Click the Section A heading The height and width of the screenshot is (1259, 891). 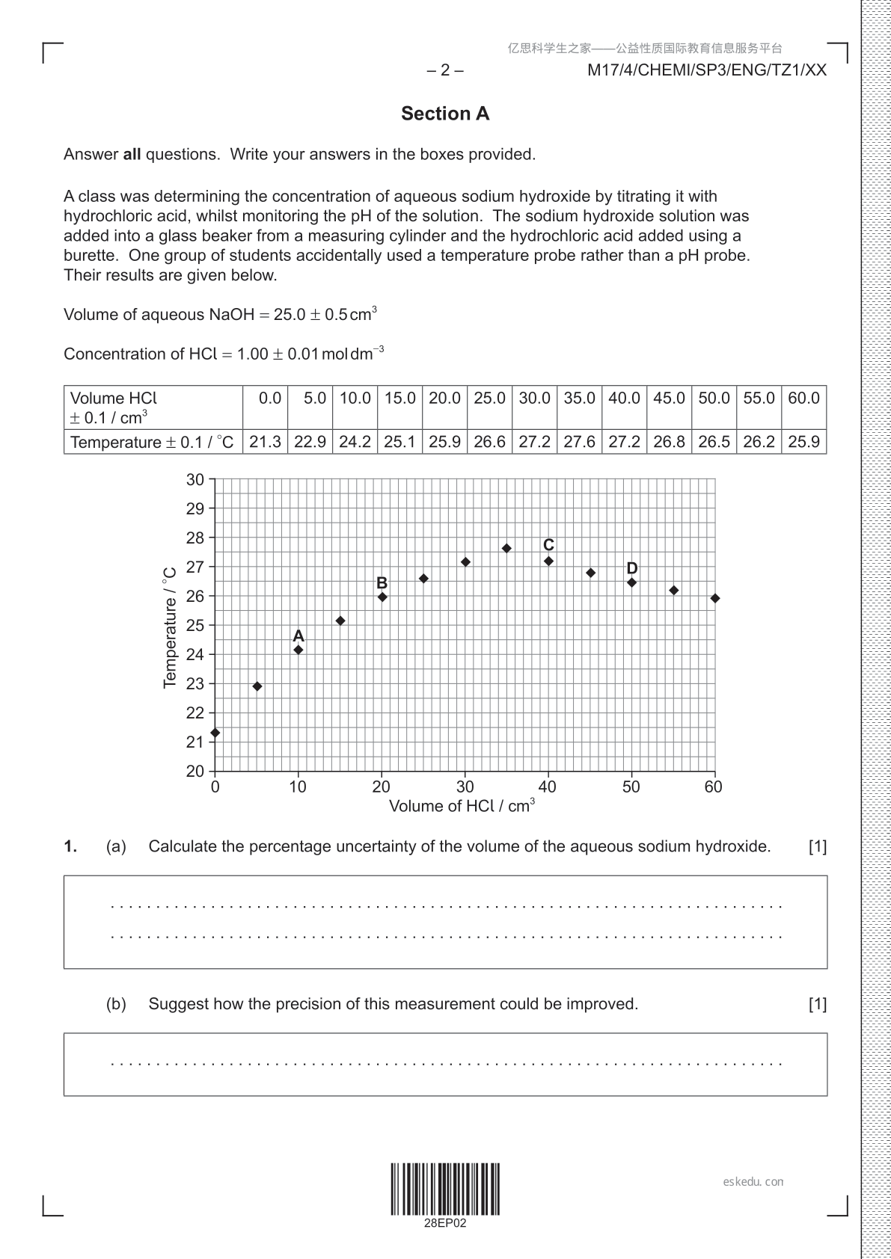pyautogui.click(x=445, y=114)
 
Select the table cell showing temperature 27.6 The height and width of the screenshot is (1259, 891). pyautogui.click(x=579, y=442)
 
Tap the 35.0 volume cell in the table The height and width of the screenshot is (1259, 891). pyautogui.click(x=579, y=398)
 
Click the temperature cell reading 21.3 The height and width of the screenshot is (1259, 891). pyautogui.click(x=265, y=442)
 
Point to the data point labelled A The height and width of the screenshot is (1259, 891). pyautogui.click(x=298, y=650)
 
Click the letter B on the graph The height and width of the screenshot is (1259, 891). pyautogui.click(x=382, y=583)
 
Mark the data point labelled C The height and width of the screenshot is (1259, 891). pyautogui.click(x=548, y=561)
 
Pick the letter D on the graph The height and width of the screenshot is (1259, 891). pyautogui.click(x=632, y=569)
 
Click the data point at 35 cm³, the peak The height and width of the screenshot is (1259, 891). pyautogui.click(x=506, y=548)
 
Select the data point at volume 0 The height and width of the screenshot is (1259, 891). pyautogui.click(x=215, y=733)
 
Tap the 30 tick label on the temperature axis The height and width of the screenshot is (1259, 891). pyautogui.click(x=195, y=480)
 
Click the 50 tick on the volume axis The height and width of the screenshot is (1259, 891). pyautogui.click(x=631, y=787)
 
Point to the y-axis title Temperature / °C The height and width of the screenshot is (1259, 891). pyautogui.click(x=170, y=627)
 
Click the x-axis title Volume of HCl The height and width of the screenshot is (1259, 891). pyautogui.click(x=462, y=806)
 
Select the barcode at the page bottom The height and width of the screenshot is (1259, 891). pyautogui.click(x=445, y=1189)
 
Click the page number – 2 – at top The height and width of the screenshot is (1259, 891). pyautogui.click(x=445, y=70)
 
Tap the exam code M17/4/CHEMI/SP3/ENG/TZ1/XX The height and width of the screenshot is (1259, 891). pyautogui.click(x=707, y=70)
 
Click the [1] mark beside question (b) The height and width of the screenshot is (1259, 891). pyautogui.click(x=818, y=1004)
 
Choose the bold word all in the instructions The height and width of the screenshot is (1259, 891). pyautogui.click(x=132, y=155)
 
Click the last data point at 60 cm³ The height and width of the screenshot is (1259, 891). pyautogui.click(x=715, y=598)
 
